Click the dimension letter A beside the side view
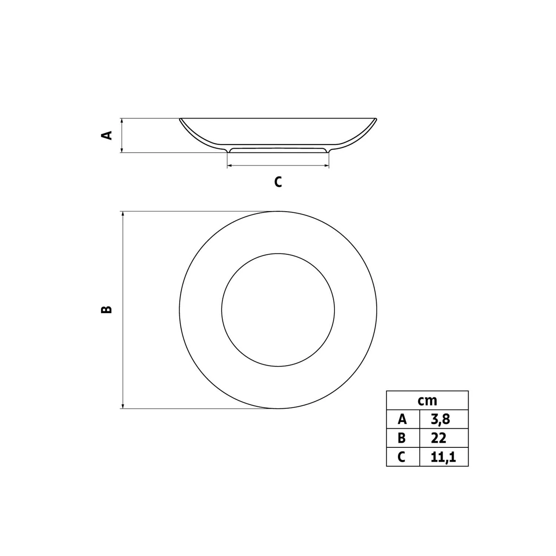pos(107,135)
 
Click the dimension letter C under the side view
pos(278,182)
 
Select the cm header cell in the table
pos(427,400)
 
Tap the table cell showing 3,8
pos(444,419)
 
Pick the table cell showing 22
pos(444,438)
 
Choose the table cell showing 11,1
pos(444,457)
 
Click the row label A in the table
pos(403,419)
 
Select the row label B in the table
pos(403,438)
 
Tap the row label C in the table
pos(403,457)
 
